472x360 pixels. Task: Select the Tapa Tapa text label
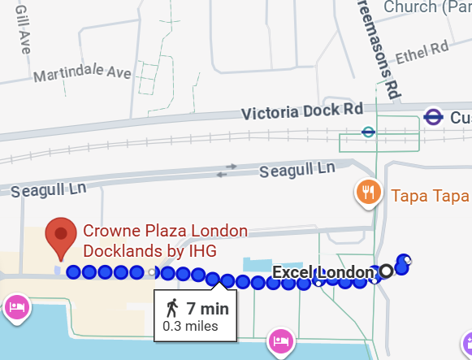[x=430, y=196]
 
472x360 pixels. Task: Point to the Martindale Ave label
[x=82, y=74]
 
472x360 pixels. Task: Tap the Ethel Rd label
[x=422, y=56]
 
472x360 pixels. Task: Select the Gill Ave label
[x=22, y=28]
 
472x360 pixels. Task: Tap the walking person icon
[x=171, y=309]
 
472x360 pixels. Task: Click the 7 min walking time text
[x=207, y=309]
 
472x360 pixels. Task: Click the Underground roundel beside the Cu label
[x=432, y=117]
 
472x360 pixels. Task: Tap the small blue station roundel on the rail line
[x=368, y=130]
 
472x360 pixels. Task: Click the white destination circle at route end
[x=386, y=271]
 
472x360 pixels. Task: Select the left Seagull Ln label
[x=49, y=191]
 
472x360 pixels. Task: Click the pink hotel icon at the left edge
[x=16, y=307]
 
